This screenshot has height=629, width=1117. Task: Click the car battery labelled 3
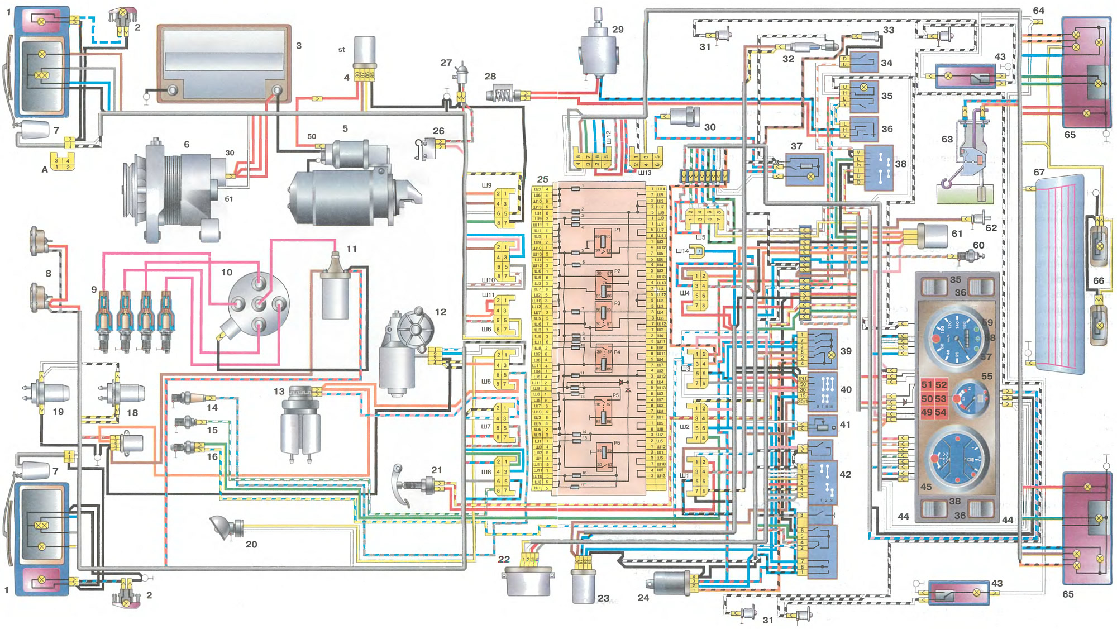tap(224, 63)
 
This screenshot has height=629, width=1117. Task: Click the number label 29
tap(618, 30)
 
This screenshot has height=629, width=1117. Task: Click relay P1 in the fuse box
tap(603, 241)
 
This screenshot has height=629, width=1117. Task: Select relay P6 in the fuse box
tap(603, 457)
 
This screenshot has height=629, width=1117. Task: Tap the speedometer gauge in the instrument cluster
tap(956, 337)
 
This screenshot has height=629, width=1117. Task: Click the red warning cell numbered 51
tap(927, 385)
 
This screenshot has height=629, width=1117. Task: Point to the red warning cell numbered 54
tap(941, 412)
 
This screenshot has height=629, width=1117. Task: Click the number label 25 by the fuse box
tap(543, 179)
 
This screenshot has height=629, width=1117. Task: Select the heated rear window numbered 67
tap(1059, 274)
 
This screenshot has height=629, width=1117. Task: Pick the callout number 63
tap(947, 139)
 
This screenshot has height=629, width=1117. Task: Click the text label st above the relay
tap(342, 50)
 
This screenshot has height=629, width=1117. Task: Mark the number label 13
tap(279, 392)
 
